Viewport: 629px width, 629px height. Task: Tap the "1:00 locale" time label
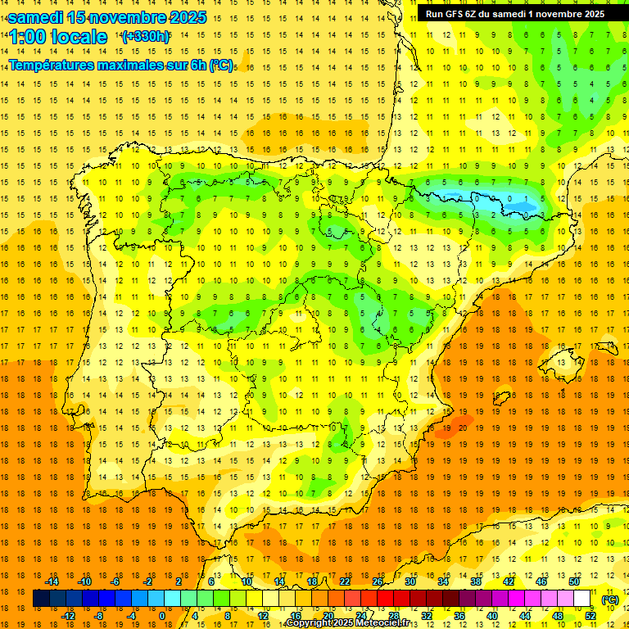tap(58, 37)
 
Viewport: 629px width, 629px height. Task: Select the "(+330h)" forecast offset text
tap(145, 37)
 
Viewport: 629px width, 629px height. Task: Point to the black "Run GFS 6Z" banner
tap(515, 14)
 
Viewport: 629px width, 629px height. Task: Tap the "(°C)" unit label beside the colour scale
tap(610, 600)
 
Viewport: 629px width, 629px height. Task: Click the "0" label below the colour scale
tap(162, 616)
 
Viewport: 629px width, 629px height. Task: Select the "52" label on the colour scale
tap(590, 616)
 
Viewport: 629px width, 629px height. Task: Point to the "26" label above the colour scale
tap(378, 581)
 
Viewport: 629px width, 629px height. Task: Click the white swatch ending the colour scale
tap(582, 599)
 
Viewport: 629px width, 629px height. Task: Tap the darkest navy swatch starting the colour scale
tap(42, 599)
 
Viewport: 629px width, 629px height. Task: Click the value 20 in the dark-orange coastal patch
tap(463, 427)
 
